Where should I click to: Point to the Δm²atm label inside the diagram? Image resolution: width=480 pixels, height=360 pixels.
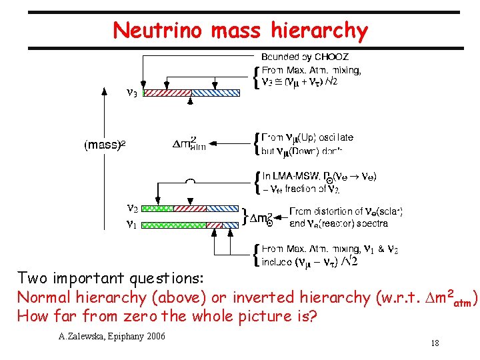[189, 143]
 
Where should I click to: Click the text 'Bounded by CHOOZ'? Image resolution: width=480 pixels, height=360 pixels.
[305, 57]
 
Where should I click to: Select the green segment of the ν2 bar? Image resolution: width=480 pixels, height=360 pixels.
[159, 209]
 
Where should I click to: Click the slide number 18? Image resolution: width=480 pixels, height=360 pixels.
[435, 343]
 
